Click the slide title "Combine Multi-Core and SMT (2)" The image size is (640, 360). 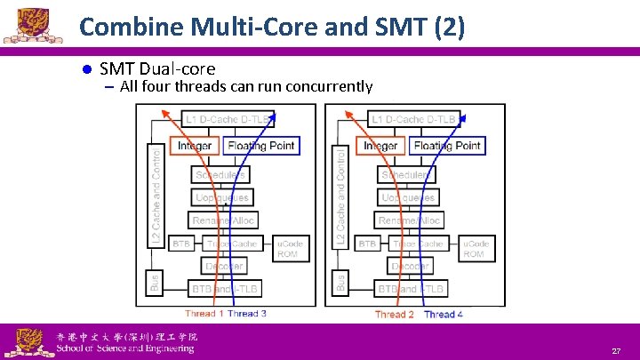pos(271,27)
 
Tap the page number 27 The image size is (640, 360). pos(616,352)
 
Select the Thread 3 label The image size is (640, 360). pos(247,314)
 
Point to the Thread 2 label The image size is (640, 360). pos(395,315)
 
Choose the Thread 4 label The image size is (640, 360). pos(444,315)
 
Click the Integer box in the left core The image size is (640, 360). pos(195,145)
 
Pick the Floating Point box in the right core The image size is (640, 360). pos(447,145)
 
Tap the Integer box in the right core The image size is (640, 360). pos(381,145)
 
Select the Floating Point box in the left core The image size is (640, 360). pos(260,145)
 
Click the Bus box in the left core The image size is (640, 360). pos(155,284)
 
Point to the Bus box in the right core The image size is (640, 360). pos(341,284)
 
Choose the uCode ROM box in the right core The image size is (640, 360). pos(475,248)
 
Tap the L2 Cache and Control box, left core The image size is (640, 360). pos(156,195)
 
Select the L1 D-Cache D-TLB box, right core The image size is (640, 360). pos(414,118)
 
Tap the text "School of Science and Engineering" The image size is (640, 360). pos(124,348)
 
